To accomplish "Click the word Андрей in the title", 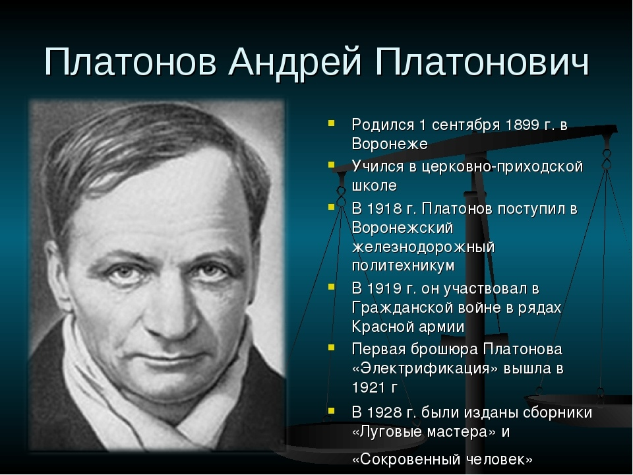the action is coord(295,63).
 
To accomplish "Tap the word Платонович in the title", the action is coord(482,62).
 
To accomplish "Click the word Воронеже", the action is coord(390,144).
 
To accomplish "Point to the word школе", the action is coord(375,186).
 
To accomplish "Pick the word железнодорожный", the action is coord(423,247).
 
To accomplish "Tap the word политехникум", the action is coord(404,266).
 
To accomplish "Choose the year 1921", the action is coord(369,388).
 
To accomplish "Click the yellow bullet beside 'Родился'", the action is coord(332,123).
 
